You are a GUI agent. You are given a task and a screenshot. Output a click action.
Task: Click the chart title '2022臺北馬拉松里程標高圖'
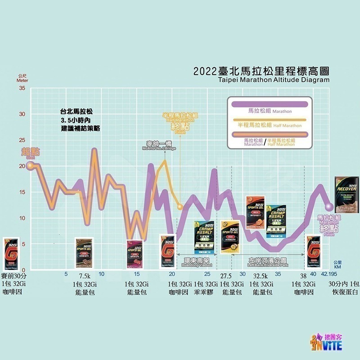[x=261, y=71]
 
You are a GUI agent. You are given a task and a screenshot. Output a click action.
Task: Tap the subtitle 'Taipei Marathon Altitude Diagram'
[x=273, y=80]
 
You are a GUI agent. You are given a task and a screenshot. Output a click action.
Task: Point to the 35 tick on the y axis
[x=22, y=88]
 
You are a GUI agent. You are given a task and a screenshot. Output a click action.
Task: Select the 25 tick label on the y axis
[x=22, y=140]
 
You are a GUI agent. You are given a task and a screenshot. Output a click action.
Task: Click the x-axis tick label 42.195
[x=329, y=274]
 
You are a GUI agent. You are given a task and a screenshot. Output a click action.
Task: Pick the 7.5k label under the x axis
[x=85, y=276]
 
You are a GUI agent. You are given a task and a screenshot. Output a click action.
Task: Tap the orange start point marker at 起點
[x=30, y=166]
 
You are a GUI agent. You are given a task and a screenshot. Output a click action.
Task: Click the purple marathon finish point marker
[x=329, y=207]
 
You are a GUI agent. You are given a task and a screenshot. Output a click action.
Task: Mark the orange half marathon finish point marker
[x=180, y=207]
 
